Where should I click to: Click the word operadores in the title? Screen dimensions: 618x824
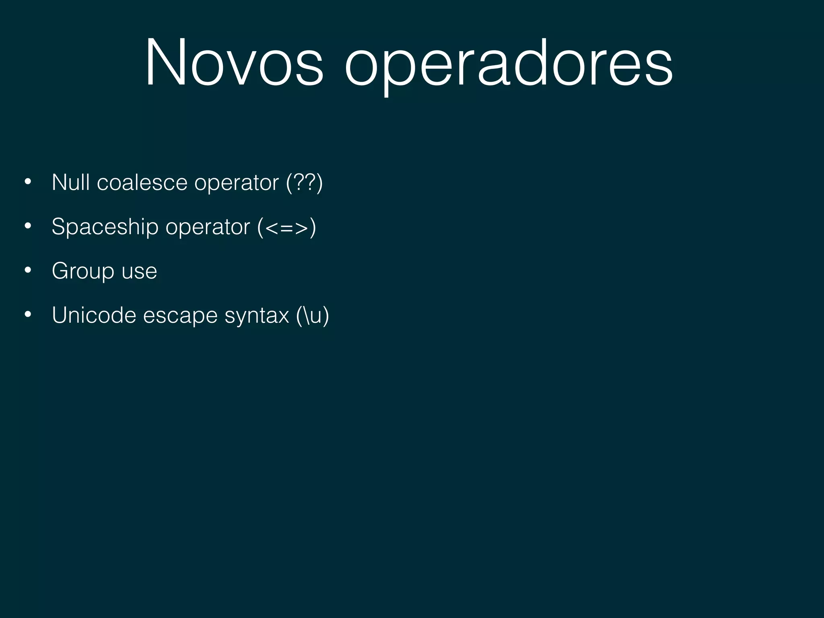click(509, 64)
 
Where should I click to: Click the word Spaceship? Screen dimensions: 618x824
click(105, 227)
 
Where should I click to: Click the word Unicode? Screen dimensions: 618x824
click(94, 315)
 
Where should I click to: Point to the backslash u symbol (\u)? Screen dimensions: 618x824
click(313, 315)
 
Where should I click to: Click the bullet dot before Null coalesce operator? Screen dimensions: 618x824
click(27, 182)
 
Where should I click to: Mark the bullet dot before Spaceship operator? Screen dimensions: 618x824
click(27, 227)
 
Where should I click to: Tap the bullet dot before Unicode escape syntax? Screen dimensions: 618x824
click(27, 315)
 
